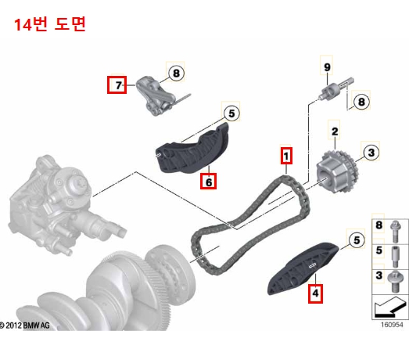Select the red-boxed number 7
117,84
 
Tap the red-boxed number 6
208,182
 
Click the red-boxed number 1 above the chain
287,156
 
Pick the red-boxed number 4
315,293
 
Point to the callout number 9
327,67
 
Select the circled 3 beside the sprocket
371,152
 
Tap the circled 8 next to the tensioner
176,74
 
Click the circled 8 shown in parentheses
361,101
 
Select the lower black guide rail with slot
304,265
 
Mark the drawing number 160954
392,322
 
